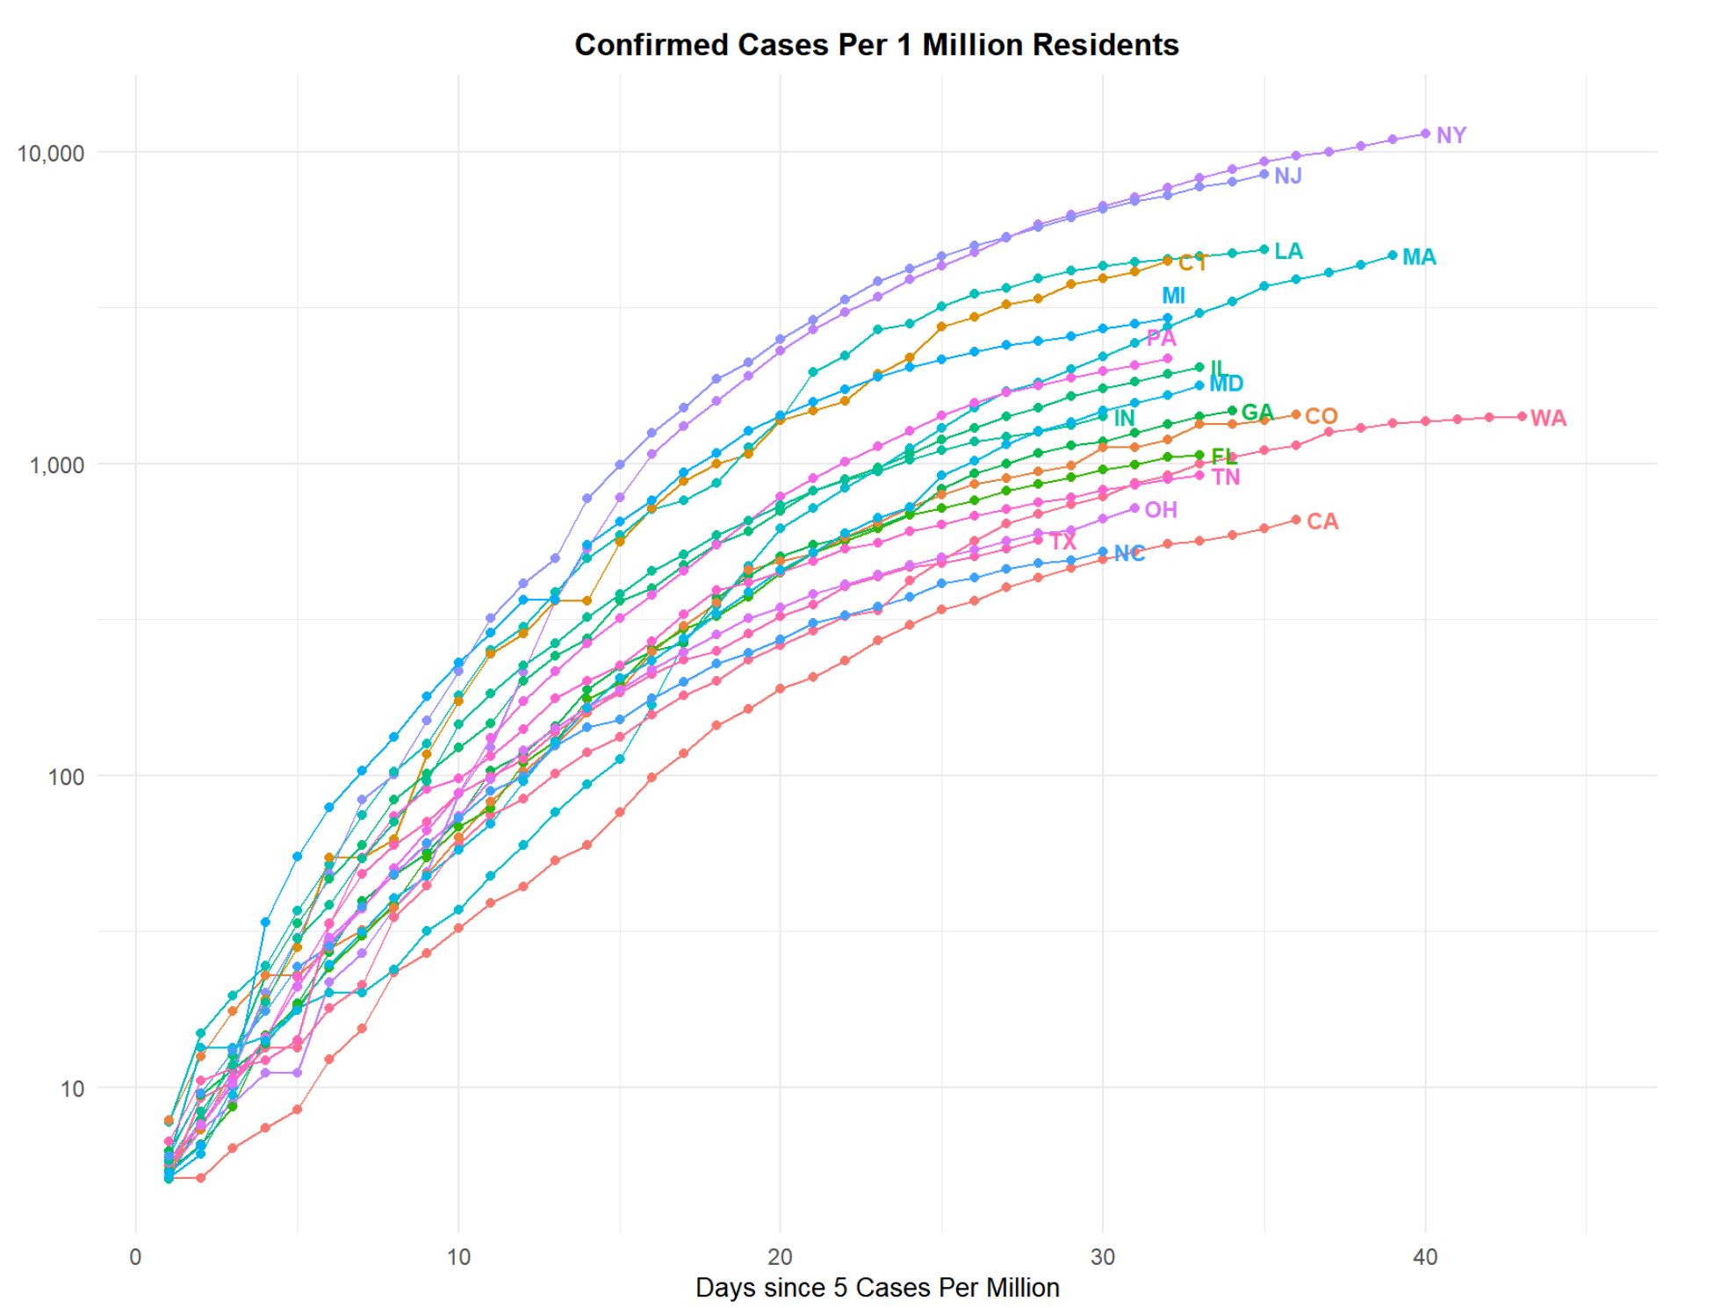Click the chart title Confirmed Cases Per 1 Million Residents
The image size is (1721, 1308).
pyautogui.click(x=876, y=45)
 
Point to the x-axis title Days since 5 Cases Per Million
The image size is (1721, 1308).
pyautogui.click(x=876, y=1287)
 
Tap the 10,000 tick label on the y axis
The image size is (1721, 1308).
pyautogui.click(x=51, y=154)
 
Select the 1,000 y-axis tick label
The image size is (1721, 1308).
pyautogui.click(x=57, y=464)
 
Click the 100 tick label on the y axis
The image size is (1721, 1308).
pyautogui.click(x=66, y=776)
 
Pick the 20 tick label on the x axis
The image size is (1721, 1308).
pyautogui.click(x=780, y=1257)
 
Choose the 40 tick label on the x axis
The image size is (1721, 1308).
pyautogui.click(x=1424, y=1257)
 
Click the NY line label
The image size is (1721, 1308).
pyautogui.click(x=1451, y=135)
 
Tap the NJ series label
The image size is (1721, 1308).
pyautogui.click(x=1287, y=176)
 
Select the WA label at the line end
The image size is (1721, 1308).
pyautogui.click(x=1548, y=419)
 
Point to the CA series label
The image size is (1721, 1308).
pyautogui.click(x=1322, y=522)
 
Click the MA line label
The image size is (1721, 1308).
pyautogui.click(x=1419, y=257)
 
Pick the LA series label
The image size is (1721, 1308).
pyautogui.click(x=1288, y=251)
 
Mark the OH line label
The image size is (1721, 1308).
pyautogui.click(x=1161, y=510)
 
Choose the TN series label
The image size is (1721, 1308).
pyautogui.click(x=1226, y=478)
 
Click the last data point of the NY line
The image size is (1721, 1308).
pyautogui.click(x=1425, y=133)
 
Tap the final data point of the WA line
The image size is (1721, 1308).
pyautogui.click(x=1522, y=417)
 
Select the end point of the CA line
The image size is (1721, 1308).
pyautogui.click(x=1296, y=520)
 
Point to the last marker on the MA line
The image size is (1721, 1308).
pyautogui.click(x=1393, y=255)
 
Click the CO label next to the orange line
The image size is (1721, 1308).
pyautogui.click(x=1321, y=416)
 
